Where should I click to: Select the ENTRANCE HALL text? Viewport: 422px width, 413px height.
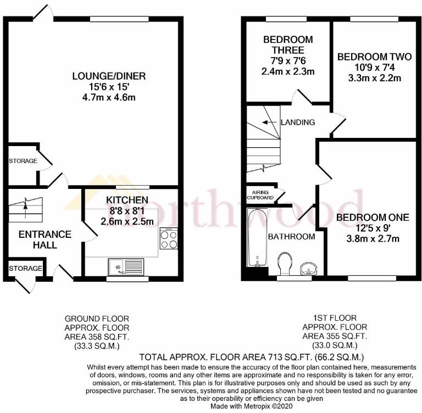pos(37,239)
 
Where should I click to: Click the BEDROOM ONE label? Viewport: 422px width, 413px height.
pos(373,217)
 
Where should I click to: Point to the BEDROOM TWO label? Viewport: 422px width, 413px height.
pos(369,57)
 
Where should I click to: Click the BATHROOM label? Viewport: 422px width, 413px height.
pos(292,237)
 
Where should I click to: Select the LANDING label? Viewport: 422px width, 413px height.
pos(297,122)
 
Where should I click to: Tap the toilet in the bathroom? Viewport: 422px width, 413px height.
pos(285,263)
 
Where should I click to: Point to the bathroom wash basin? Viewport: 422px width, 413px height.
pos(308,268)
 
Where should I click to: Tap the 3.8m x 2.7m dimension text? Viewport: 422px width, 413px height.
pos(373,238)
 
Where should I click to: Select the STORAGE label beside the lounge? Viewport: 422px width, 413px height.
pos(23,161)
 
